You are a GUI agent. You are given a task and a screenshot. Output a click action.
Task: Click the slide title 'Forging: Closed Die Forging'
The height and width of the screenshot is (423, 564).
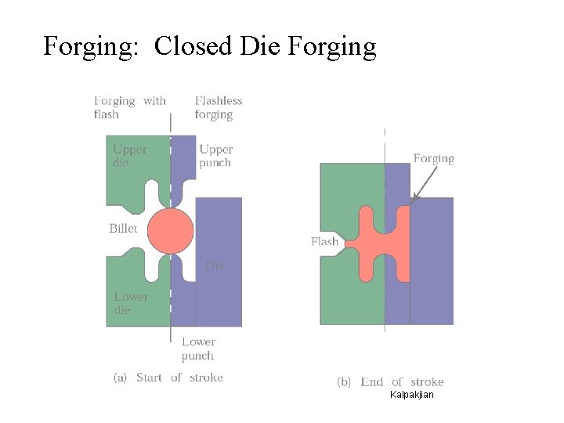tap(210, 47)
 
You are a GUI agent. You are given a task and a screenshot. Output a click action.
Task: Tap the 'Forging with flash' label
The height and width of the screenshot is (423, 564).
tap(129, 107)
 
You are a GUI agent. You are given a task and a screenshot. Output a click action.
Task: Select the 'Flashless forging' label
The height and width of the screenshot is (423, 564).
tap(219, 107)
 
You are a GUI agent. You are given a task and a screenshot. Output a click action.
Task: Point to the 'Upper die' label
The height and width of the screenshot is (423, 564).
tap(129, 156)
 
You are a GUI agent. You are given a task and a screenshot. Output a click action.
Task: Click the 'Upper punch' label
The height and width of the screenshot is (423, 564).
tap(215, 156)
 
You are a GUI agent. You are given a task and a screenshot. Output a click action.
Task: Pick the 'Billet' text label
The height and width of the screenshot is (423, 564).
tap(123, 229)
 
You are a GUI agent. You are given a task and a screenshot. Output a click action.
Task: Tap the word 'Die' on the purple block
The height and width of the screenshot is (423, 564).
tap(215, 266)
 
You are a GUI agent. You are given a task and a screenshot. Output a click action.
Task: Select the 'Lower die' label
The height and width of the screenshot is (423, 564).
tap(131, 303)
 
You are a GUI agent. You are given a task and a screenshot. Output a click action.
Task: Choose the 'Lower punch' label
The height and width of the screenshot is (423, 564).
tap(198, 349)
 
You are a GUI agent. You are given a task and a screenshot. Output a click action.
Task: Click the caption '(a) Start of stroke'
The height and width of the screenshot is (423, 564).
tap(168, 378)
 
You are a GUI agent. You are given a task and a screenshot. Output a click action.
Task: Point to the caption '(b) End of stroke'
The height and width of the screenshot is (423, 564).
tap(390, 382)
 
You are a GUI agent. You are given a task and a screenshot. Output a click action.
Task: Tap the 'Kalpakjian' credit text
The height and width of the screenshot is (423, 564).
tap(411, 395)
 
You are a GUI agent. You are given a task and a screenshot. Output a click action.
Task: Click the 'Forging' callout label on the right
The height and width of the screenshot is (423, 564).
tap(433, 158)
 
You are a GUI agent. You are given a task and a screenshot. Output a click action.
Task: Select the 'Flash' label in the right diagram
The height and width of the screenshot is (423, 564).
tap(324, 241)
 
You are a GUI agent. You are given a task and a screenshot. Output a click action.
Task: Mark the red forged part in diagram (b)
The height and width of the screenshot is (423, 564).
tap(384, 243)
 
